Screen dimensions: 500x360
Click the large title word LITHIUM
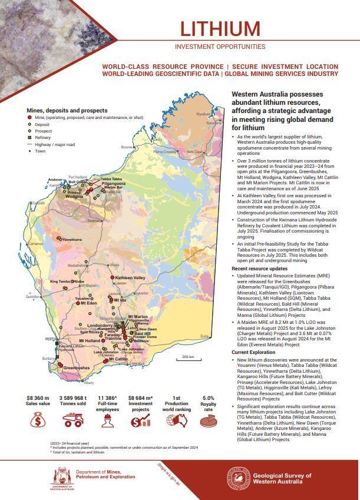pyautogui.click(x=220, y=29)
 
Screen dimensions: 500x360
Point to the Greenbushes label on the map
pyautogui.click(x=76, y=368)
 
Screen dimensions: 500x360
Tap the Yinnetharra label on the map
pyautogui.click(x=73, y=240)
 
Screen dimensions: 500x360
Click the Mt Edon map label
pyautogui.click(x=88, y=303)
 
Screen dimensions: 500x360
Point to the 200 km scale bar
pyautogui.click(x=188, y=358)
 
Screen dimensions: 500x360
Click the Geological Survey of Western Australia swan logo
pyautogui.click(x=238, y=478)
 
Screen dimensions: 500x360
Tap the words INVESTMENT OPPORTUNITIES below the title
pyautogui.click(x=220, y=47)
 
